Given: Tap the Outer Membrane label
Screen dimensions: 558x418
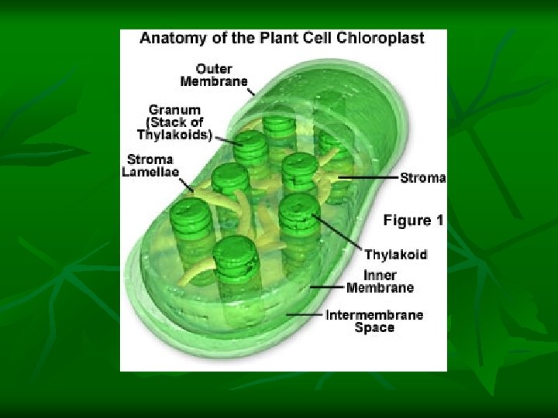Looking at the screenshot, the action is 214,74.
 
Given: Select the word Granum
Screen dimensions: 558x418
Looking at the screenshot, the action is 175,110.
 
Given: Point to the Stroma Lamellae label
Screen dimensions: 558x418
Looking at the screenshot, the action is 150,166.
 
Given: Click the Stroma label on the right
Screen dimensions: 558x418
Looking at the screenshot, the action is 422,178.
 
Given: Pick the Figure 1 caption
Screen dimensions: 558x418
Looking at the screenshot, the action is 413,221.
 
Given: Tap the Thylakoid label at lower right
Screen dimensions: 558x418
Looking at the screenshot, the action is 395,255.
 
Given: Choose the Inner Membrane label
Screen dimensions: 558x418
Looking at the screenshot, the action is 380,282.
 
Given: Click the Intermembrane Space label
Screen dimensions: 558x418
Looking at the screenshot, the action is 374,321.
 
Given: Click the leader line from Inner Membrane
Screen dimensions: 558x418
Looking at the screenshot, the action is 326,286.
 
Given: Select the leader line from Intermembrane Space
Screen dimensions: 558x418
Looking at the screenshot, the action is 305,315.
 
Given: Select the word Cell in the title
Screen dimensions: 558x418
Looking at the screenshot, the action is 325,38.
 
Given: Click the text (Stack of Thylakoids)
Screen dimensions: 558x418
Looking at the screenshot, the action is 175,128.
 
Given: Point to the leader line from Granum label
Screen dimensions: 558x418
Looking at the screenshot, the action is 227,140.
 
